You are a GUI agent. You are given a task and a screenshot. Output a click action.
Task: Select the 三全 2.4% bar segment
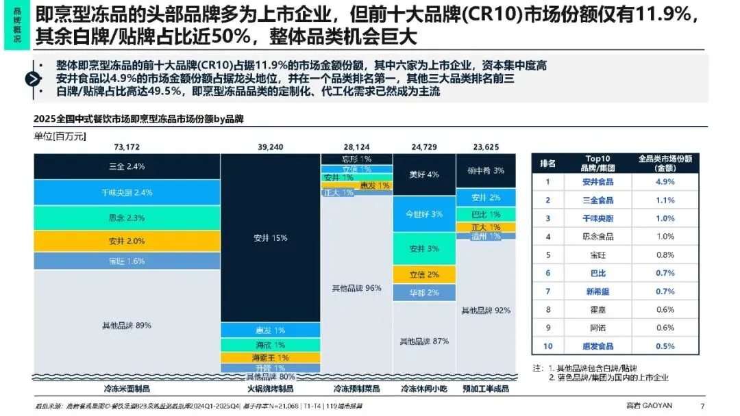[127, 166]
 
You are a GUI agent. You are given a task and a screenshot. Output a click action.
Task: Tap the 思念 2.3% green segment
[127, 218]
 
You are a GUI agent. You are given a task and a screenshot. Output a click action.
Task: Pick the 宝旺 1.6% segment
[127, 261]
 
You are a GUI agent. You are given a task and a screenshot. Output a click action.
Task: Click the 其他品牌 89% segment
[127, 325]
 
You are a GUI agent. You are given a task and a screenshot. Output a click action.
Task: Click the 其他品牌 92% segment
[486, 310]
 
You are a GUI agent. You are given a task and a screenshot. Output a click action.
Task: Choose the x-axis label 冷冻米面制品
[127, 389]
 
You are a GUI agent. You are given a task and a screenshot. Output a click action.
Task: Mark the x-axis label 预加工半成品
[486, 389]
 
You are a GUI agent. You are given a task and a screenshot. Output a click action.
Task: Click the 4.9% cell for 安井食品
[665, 181]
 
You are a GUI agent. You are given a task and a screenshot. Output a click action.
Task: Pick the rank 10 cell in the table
[547, 346]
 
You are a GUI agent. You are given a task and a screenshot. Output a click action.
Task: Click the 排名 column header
[547, 163]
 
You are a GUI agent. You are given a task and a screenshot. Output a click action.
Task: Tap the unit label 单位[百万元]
[60, 136]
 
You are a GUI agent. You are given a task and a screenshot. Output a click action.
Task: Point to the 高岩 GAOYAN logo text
[650, 405]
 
